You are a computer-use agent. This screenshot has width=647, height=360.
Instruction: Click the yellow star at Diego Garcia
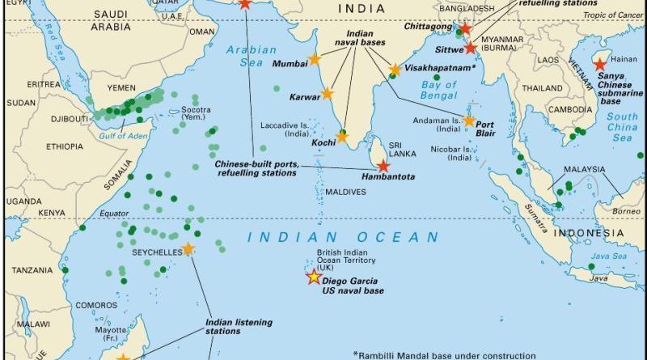313,277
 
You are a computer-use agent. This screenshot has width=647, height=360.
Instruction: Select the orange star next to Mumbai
315,61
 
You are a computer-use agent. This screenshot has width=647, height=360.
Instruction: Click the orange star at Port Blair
469,121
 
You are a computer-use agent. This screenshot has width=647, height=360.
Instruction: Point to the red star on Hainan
600,65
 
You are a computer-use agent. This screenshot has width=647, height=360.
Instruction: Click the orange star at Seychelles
188,249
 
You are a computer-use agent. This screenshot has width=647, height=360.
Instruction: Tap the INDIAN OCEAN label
343,238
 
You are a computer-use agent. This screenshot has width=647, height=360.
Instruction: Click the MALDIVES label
345,192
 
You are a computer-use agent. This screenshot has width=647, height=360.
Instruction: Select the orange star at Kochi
342,136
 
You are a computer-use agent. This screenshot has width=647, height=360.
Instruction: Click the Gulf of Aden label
125,135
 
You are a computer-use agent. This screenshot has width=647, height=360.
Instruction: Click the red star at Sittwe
471,48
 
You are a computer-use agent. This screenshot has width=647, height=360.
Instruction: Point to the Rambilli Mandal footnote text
444,354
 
